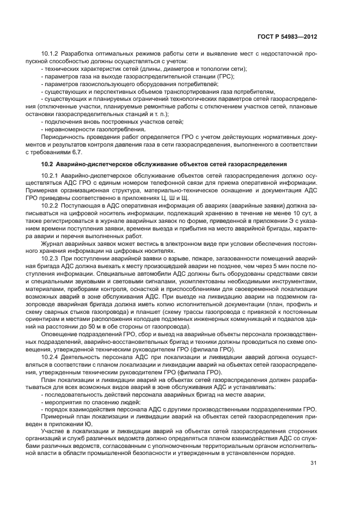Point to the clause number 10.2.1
[x=50, y=174]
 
